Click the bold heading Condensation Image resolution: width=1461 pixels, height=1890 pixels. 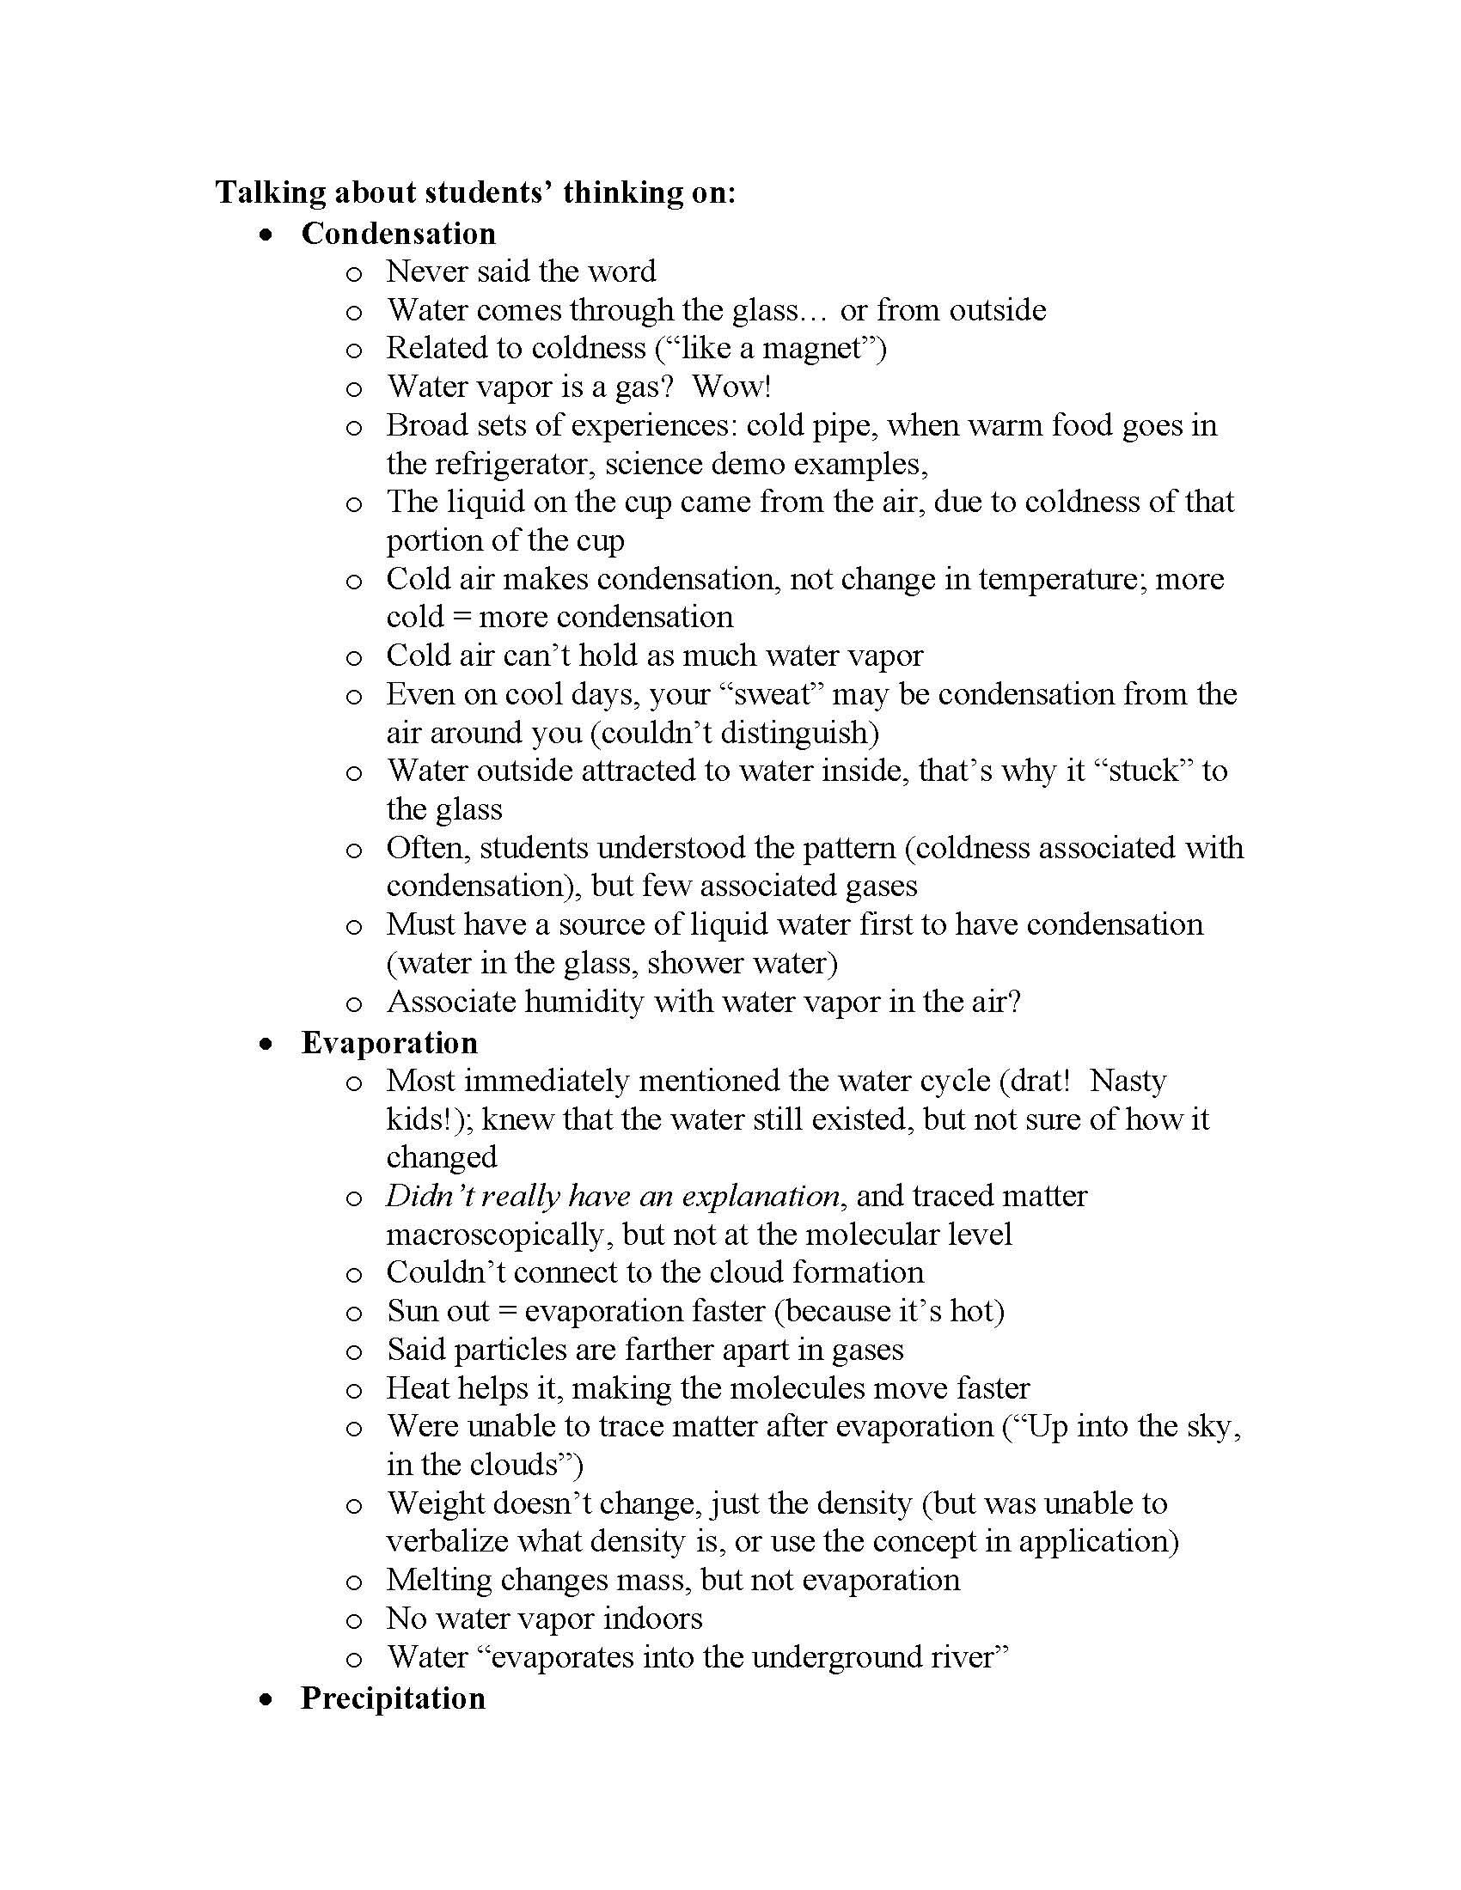point(398,234)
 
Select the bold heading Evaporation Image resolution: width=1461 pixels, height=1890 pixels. point(388,1043)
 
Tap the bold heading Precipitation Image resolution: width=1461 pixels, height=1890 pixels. point(392,1698)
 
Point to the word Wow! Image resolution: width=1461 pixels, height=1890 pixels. point(731,386)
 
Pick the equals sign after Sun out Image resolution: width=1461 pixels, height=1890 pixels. point(507,1312)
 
